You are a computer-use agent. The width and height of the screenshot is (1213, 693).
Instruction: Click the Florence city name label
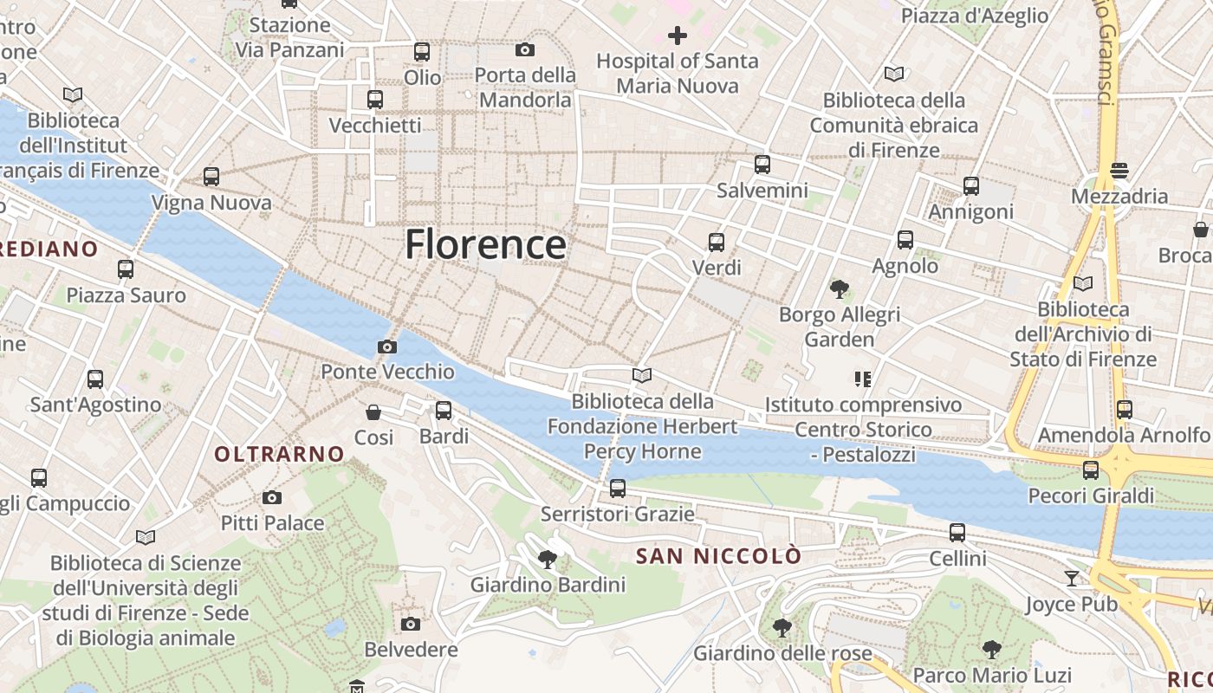click(485, 244)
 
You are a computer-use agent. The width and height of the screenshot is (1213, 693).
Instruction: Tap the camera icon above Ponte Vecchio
click(387, 347)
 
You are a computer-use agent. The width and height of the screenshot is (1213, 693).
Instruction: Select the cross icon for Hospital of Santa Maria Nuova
click(678, 36)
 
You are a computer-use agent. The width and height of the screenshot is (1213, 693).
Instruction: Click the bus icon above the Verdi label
click(717, 243)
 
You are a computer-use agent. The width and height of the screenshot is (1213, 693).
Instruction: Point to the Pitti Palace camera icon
click(272, 498)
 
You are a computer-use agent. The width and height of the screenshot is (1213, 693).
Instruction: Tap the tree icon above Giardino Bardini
click(547, 560)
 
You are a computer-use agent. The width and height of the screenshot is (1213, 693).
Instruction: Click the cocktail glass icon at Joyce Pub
click(1072, 578)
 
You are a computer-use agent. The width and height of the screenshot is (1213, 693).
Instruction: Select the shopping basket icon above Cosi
click(373, 412)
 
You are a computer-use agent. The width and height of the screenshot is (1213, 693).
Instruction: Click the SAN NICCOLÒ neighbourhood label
click(719, 556)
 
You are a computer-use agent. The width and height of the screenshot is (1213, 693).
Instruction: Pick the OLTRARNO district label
click(279, 454)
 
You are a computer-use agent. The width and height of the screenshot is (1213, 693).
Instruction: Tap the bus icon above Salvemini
click(762, 165)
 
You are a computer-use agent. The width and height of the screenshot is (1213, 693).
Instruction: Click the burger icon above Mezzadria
click(1119, 171)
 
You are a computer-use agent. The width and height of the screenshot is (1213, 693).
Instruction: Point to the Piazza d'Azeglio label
click(975, 16)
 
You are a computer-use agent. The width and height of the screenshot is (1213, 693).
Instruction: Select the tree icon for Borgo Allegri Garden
click(839, 289)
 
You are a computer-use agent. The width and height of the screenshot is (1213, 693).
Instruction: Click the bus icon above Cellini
click(957, 533)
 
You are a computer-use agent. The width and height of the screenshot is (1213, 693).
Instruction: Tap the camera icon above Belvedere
click(411, 624)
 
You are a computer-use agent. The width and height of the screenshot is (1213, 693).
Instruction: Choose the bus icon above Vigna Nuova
click(211, 177)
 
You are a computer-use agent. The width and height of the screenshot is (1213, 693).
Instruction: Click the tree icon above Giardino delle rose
click(782, 627)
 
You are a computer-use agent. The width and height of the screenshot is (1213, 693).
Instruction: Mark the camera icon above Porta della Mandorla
click(525, 50)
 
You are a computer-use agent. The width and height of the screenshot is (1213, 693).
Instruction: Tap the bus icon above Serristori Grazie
click(618, 489)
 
